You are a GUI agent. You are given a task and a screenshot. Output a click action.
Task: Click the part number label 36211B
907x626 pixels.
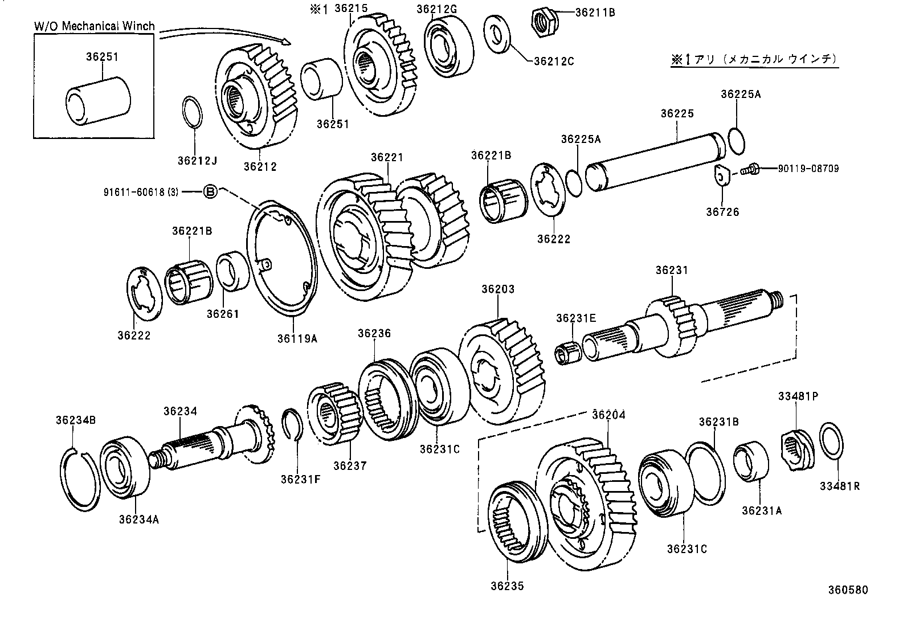pos(595,12)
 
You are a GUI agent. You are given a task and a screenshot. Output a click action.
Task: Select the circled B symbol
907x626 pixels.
pos(210,192)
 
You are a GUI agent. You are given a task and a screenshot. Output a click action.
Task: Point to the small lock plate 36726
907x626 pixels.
pos(722,175)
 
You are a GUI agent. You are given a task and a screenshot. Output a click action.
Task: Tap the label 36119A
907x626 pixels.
pos(297,338)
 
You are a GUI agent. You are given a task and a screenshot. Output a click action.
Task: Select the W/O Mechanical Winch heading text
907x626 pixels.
pos(94,26)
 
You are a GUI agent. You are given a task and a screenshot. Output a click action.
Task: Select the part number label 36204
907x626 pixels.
pos(608,415)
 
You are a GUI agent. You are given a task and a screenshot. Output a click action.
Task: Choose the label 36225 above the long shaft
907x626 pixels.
pos(677,113)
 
